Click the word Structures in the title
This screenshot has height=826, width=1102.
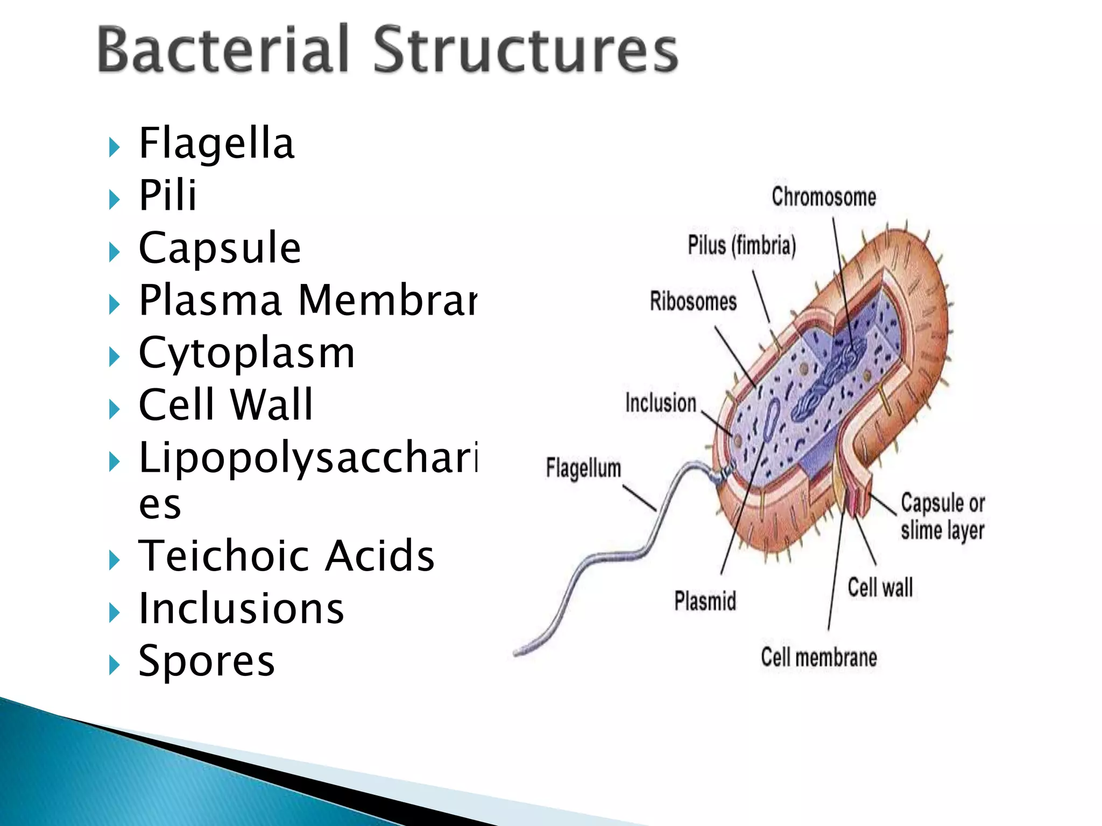point(525,49)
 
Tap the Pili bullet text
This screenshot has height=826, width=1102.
point(167,195)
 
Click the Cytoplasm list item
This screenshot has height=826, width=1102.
point(246,354)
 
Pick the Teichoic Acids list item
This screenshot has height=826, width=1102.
point(286,556)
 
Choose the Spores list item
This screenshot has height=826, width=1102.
point(207,661)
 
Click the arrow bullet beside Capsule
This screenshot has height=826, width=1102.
point(114,252)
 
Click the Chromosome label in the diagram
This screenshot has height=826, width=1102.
point(823,197)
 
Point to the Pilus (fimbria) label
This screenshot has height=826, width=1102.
point(741,246)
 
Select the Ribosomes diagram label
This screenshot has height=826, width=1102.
point(693,302)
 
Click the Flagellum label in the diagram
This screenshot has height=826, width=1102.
point(583,468)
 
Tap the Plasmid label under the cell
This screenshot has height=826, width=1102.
point(705,601)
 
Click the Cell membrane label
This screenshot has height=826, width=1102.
point(818,658)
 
